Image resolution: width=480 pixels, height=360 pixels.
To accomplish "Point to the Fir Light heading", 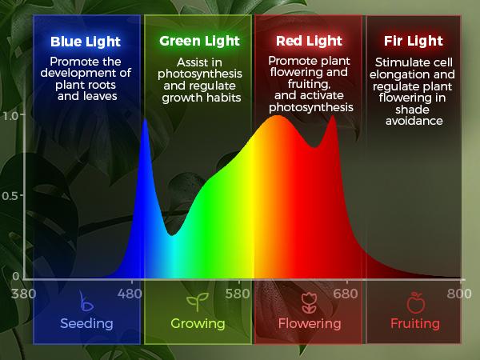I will pos(414,41).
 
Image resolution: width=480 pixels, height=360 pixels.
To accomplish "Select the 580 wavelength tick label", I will pos(238,293).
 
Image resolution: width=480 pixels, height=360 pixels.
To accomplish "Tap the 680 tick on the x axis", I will pos(346,293).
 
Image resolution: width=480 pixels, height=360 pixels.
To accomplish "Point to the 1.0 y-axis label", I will pos(11,114).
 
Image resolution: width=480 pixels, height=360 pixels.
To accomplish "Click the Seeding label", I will pos(86,324).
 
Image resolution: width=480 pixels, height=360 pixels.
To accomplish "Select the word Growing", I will pos(198,324).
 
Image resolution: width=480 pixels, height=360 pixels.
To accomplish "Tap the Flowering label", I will pos(309,324).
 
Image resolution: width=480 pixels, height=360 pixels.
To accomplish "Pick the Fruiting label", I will pos(415,324).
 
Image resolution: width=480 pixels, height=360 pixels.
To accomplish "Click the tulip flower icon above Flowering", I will pos(309,302).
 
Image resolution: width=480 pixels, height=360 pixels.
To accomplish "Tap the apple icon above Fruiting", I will pos(415,302).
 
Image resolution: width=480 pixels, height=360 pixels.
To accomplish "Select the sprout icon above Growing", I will pos(197,302).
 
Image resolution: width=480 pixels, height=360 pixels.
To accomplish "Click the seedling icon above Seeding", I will pos(86,302).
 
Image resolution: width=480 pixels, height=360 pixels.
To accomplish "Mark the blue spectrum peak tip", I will pos(145,119).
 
